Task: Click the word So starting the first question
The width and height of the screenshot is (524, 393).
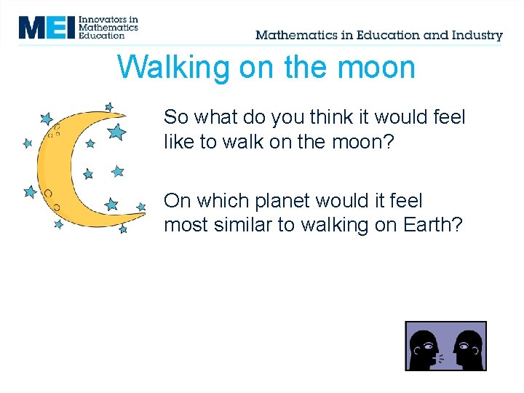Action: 175,117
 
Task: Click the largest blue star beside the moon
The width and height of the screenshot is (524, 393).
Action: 116,132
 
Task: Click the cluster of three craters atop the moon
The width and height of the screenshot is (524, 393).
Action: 54,131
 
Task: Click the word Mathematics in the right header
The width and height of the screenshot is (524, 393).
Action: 295,35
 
